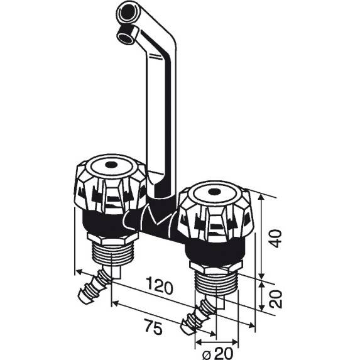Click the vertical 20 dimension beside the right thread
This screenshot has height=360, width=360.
[274, 295]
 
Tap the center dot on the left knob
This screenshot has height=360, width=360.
[110, 166]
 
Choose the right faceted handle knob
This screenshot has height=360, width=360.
[212, 214]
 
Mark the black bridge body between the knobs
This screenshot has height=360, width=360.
[157, 221]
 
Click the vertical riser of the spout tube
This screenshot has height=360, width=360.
[160, 126]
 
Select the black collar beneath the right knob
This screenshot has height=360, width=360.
[214, 251]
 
